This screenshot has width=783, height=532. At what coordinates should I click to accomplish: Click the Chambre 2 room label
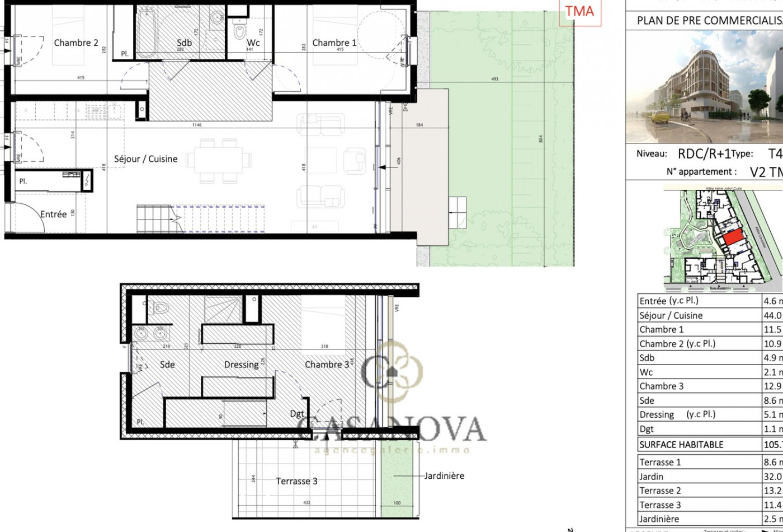click(76, 43)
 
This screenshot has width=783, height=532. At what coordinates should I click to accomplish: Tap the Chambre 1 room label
click(334, 43)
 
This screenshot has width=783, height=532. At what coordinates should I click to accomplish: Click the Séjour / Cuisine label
click(146, 159)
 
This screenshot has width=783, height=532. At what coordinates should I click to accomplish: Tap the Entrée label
click(54, 214)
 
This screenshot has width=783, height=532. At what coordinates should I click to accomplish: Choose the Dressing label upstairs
click(241, 365)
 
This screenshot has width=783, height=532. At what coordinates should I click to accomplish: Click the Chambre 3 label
click(327, 365)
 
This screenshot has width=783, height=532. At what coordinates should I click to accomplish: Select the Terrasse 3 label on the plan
click(296, 481)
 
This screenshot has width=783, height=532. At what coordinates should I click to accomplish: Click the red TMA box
click(579, 12)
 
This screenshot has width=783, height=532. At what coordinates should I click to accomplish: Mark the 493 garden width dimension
click(494, 80)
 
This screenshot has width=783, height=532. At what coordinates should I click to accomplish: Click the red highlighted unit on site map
click(732, 238)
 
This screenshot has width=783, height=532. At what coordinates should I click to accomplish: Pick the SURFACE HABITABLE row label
click(681, 445)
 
